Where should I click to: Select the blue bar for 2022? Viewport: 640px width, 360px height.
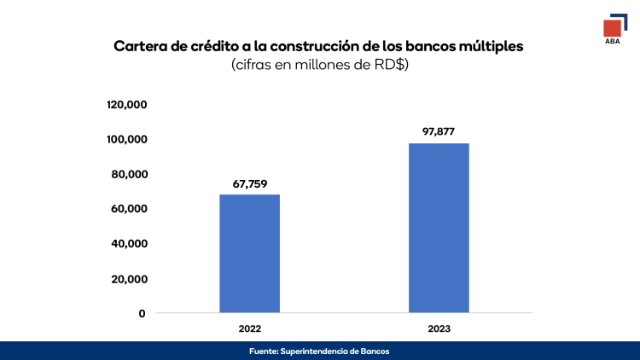tap(249, 253)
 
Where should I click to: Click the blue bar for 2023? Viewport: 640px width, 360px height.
tap(439, 228)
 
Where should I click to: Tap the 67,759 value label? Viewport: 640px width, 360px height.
tap(249, 183)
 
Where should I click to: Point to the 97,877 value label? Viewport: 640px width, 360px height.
tap(439, 131)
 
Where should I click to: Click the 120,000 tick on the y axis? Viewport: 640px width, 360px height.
tap(127, 105)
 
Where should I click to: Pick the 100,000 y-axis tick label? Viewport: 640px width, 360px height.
tap(127, 139)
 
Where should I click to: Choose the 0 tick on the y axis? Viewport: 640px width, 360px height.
tap(142, 313)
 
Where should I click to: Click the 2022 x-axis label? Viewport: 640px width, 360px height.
tap(249, 328)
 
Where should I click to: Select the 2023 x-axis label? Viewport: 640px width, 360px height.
tap(439, 328)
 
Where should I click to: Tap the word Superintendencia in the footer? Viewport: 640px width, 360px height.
tap(318, 351)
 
